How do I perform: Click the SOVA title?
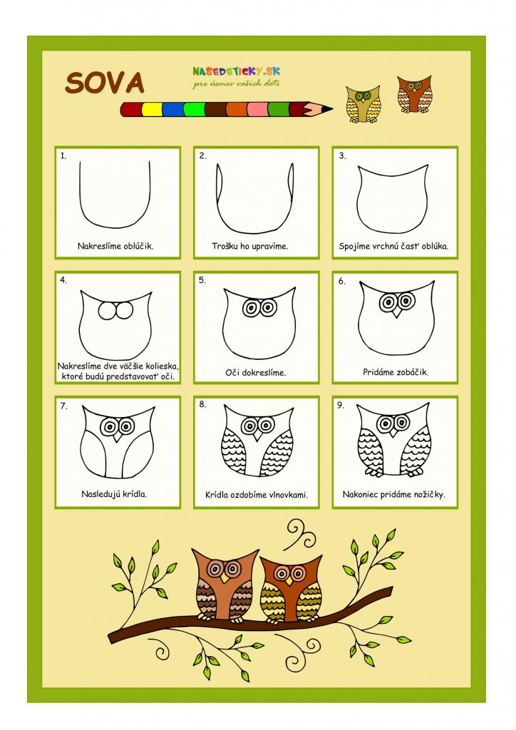105,83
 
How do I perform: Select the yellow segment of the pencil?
152,109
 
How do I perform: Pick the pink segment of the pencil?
257,109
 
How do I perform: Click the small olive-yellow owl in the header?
364,104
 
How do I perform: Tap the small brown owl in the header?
414,95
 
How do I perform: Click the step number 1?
63,156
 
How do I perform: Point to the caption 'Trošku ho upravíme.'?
250,246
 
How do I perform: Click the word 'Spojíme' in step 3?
354,246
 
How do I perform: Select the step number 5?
202,279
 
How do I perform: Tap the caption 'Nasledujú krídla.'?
114,494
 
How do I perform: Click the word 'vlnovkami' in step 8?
289,495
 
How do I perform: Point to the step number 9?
341,405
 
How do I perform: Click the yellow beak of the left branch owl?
225,577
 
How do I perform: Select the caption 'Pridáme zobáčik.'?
396,372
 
